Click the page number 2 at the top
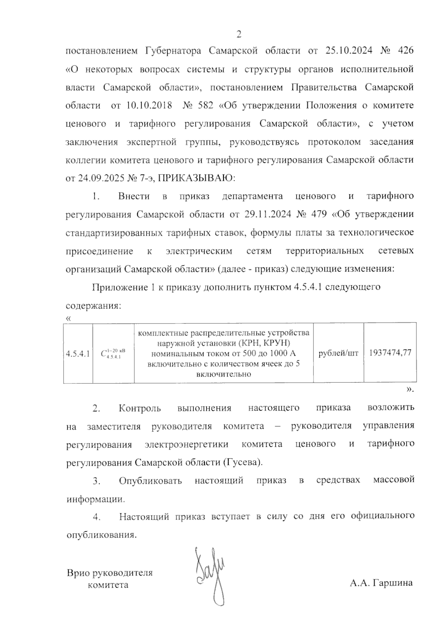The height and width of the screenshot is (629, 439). coord(239,35)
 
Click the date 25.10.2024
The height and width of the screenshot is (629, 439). coord(348,50)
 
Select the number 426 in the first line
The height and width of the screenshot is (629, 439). coord(405,50)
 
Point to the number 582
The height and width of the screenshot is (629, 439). coord(205,105)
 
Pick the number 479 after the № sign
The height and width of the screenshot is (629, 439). coord(318,214)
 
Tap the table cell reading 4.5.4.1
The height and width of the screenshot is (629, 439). coord(78,353)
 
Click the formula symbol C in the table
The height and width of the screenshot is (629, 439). coord(104,353)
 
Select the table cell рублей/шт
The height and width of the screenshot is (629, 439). coord(338,353)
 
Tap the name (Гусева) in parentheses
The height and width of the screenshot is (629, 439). coord(243,462)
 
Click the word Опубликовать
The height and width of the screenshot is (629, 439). coord(150,480)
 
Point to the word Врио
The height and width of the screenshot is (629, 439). coord(79,573)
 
